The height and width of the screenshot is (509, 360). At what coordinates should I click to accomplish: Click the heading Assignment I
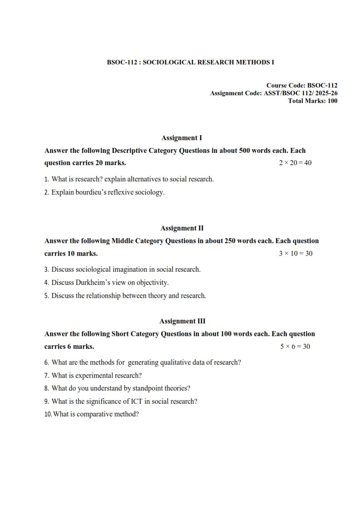[x=182, y=137]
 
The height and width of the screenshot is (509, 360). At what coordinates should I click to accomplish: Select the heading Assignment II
[x=182, y=228]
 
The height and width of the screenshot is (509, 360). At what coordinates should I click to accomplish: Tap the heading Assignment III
[x=182, y=321]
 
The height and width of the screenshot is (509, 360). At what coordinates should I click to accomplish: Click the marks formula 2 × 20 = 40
[x=295, y=163]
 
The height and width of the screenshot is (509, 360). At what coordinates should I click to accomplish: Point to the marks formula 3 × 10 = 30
[x=296, y=254]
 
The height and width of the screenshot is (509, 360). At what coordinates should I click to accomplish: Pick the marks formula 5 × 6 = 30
[x=295, y=347]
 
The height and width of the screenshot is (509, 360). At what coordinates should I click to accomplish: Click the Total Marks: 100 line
[x=313, y=101]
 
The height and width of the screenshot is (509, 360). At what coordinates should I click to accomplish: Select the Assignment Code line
[x=273, y=93]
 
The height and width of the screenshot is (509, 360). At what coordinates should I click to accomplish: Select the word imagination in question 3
[x=130, y=269]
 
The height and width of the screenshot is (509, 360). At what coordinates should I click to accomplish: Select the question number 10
[x=48, y=414]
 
